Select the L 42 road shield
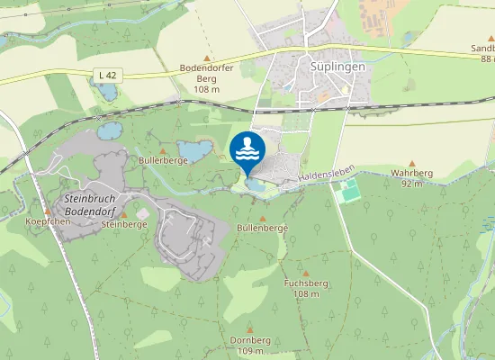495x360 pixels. pyautogui.click(x=106, y=73)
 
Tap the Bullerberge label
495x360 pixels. pyautogui.click(x=163, y=160)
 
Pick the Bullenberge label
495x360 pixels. pyautogui.click(x=262, y=229)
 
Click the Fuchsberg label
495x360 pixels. pyautogui.click(x=306, y=288)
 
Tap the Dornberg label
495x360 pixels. pyautogui.click(x=249, y=346)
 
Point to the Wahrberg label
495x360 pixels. pyautogui.click(x=411, y=177)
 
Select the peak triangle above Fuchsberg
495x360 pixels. pyautogui.click(x=306, y=273)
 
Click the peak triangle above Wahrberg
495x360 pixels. pyautogui.click(x=411, y=163)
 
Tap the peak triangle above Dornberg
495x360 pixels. pyautogui.click(x=249, y=330)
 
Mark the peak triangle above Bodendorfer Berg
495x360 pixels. pyautogui.click(x=207, y=57)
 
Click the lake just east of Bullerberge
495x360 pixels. pyautogui.click(x=193, y=150)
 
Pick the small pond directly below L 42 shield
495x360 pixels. pyautogui.click(x=108, y=91)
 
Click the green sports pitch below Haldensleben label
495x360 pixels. pyautogui.click(x=349, y=190)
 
